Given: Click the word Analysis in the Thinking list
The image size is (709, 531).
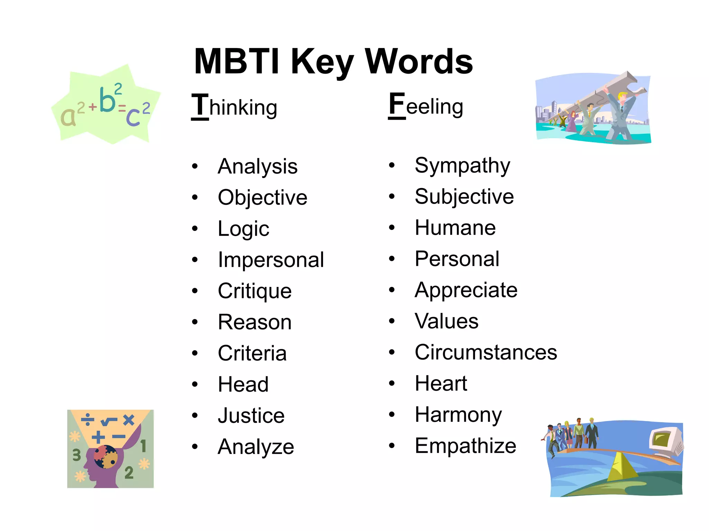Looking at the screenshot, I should pyautogui.click(x=258, y=167).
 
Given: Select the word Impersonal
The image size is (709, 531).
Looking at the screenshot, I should pyautogui.click(x=271, y=260).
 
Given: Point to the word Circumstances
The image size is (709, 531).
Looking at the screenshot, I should pyautogui.click(x=486, y=353).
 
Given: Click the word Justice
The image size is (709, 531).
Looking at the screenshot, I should pyautogui.click(x=251, y=416).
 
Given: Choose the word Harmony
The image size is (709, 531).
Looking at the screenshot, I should pyautogui.click(x=458, y=415).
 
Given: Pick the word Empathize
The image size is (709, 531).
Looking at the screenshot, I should pyautogui.click(x=465, y=446).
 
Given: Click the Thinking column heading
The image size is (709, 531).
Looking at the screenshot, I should pyautogui.click(x=234, y=106).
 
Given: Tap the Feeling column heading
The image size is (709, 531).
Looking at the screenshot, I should pyautogui.click(x=426, y=105).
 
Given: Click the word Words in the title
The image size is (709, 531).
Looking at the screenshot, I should pyautogui.click(x=419, y=62).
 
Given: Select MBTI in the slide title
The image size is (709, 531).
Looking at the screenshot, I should pyautogui.click(x=237, y=62).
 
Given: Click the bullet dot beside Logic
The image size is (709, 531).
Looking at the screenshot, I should pyautogui.click(x=195, y=229).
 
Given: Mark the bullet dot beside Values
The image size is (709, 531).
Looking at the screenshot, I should pyautogui.click(x=392, y=321).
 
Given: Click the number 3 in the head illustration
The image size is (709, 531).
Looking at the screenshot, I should pyautogui.click(x=77, y=455).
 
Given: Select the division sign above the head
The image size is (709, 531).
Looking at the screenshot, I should pyautogui.click(x=88, y=419).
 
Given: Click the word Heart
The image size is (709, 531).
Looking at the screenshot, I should pyautogui.click(x=441, y=384).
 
